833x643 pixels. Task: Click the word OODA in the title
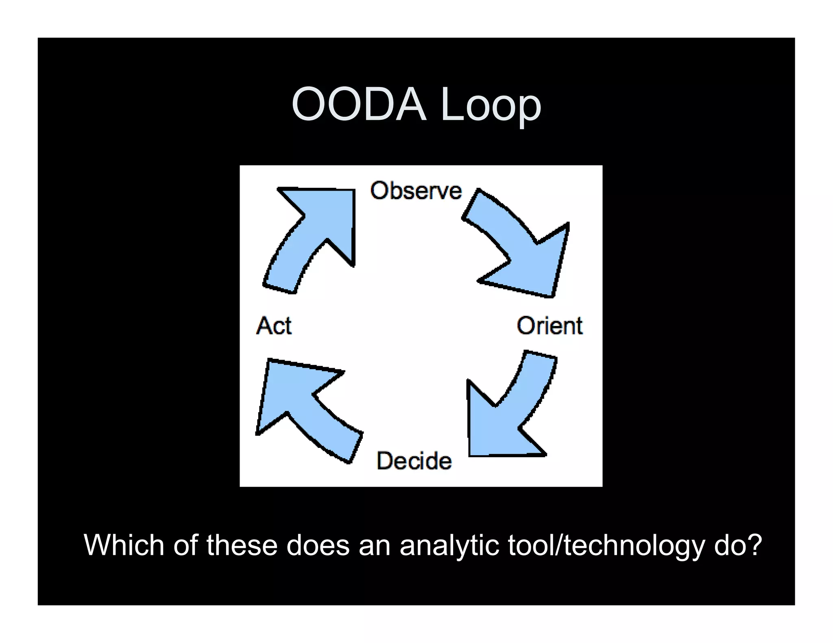[359, 105]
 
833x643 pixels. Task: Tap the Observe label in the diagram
[416, 191]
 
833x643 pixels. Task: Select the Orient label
[549, 326]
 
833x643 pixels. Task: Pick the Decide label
[414, 461]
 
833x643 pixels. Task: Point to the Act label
[274, 326]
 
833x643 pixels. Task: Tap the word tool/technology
[606, 546]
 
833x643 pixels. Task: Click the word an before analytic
[374, 546]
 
